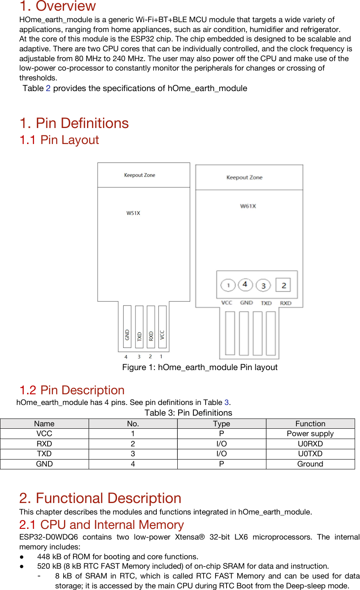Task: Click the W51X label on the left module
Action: click(x=133, y=213)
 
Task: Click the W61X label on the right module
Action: click(x=248, y=206)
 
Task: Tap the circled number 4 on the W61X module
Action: click(x=245, y=284)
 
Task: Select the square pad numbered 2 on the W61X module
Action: click(x=283, y=285)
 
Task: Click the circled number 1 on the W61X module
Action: click(x=228, y=285)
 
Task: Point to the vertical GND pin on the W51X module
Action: click(x=127, y=328)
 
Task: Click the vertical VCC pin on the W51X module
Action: click(x=163, y=328)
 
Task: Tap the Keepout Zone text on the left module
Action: click(x=140, y=175)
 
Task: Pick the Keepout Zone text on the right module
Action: click(x=244, y=178)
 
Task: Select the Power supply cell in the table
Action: click(x=310, y=434)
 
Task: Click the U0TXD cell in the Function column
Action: click(x=310, y=454)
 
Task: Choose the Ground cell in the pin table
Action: click(x=310, y=464)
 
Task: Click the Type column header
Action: click(x=221, y=424)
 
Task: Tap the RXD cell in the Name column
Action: click(x=44, y=444)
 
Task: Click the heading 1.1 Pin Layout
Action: click(x=60, y=140)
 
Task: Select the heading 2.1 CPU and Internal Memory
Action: click(x=101, y=525)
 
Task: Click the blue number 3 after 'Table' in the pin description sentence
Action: click(x=226, y=402)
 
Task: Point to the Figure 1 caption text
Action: click(x=199, y=367)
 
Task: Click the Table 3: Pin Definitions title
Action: click(x=188, y=413)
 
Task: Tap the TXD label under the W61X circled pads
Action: click(x=266, y=303)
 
